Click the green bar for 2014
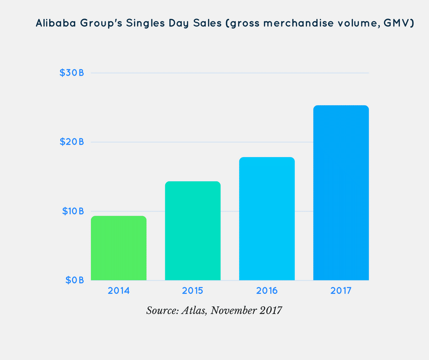(119, 248)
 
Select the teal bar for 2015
(193, 231)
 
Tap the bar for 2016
(267, 219)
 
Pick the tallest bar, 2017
(341, 193)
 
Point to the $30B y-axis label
(72, 73)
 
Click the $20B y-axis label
(72, 142)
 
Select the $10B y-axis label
(72, 211)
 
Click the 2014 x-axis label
(119, 291)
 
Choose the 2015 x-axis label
(193, 291)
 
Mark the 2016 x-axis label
(267, 291)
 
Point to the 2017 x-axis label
(341, 291)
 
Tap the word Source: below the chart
(162, 311)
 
